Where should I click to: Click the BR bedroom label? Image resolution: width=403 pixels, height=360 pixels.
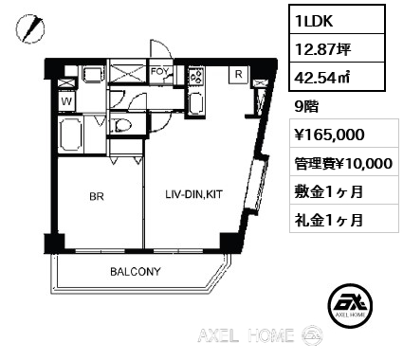[97, 196]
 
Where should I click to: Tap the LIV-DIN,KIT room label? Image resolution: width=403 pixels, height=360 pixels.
[194, 194]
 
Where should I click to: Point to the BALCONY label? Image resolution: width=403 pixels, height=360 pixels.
[136, 271]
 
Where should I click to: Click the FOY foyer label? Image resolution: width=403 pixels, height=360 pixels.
[159, 71]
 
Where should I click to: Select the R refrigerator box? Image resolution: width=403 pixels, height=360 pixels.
[239, 75]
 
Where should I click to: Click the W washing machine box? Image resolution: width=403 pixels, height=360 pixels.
[66, 101]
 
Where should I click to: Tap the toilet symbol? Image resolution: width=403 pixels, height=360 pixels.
[121, 125]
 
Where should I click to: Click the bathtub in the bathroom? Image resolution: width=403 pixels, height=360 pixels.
[71, 134]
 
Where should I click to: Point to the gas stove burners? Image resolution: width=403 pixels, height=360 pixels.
[196, 77]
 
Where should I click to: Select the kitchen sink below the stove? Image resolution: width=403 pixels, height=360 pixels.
[196, 104]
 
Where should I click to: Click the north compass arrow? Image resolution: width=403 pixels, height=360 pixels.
[30, 28]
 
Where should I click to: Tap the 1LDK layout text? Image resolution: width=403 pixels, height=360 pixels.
[314, 21]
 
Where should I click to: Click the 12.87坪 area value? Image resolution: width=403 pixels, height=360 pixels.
[322, 49]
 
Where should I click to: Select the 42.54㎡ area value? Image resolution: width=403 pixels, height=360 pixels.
[322, 78]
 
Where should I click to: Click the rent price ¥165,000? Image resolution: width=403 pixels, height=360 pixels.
[330, 135]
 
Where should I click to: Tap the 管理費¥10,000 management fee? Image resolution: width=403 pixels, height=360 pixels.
[344, 163]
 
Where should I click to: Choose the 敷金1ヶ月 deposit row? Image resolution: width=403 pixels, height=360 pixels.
[329, 191]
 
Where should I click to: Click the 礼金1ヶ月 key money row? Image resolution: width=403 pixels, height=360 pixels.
[329, 220]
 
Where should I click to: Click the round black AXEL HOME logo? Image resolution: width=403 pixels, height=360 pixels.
[350, 305]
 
